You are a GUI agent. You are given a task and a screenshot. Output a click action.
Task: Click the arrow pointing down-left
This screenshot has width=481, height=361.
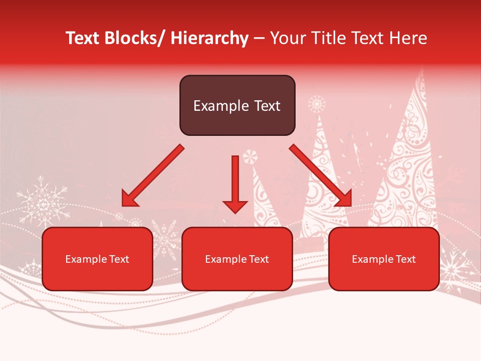tap(152, 176)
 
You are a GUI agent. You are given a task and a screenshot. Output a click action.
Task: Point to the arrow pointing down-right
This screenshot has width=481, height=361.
tap(321, 176)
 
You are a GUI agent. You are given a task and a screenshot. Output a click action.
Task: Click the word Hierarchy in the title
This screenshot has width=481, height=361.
tap(209, 38)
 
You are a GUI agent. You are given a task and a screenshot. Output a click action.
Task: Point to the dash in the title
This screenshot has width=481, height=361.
tap(259, 39)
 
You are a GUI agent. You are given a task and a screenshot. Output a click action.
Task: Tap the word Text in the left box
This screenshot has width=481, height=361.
tap(119, 259)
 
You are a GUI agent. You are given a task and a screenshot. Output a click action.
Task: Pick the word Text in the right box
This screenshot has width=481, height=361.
tap(405, 259)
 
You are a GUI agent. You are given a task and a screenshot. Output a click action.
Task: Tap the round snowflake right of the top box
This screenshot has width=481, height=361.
tap(317, 104)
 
